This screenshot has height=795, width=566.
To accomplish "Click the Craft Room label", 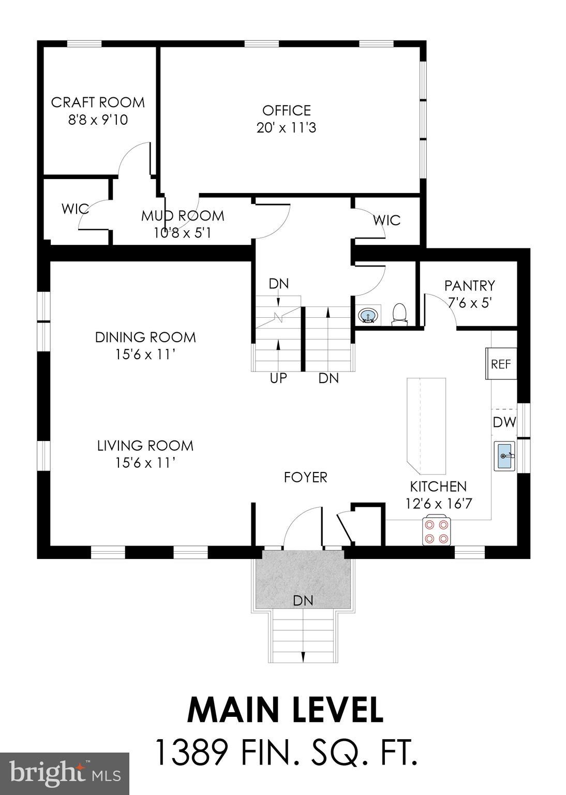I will (x=98, y=102).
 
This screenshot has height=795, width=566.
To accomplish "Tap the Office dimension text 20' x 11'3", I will (x=286, y=127).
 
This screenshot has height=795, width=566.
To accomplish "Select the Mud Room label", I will (x=183, y=216).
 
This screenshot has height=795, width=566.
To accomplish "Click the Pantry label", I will (x=469, y=285).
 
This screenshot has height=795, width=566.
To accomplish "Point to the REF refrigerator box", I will (x=500, y=364).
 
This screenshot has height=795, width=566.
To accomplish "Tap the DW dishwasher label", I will (x=504, y=422).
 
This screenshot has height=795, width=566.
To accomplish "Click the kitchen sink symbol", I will (x=504, y=456).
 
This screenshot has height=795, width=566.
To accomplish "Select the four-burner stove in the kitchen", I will (x=436, y=531).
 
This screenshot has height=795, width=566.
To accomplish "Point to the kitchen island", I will (x=426, y=426).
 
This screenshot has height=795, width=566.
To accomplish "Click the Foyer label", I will (x=305, y=477).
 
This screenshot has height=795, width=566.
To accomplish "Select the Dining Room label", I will (x=145, y=337).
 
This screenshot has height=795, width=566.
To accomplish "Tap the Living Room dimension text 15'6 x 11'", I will (x=145, y=462).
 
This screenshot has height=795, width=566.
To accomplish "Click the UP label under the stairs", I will (x=278, y=378).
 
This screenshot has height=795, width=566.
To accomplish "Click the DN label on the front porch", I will (x=303, y=600).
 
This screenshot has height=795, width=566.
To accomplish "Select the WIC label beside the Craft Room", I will (x=75, y=210).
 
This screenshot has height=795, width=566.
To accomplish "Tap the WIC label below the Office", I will (x=387, y=220).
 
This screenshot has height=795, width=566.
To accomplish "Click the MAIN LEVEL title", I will (x=285, y=710).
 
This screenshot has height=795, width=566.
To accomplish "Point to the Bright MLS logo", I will (x=65, y=774).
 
